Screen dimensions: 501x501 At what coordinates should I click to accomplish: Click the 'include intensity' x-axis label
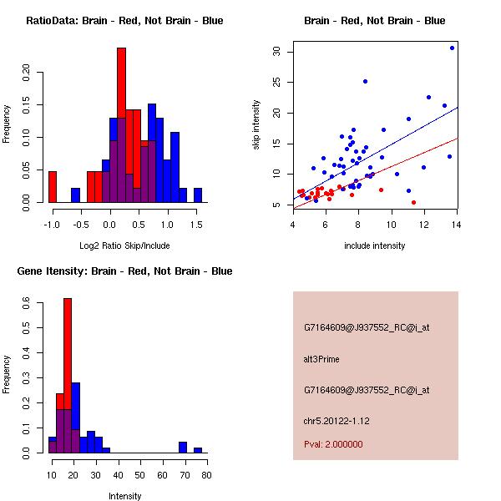point(375,245)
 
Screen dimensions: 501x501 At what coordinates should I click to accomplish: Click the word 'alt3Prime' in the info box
point(321,359)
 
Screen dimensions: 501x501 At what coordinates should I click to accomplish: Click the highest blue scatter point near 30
point(452,48)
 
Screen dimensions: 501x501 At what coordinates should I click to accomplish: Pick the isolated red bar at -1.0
point(53,186)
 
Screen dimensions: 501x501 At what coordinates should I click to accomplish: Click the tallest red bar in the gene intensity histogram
point(68,375)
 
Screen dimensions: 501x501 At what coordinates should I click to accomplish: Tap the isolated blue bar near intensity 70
point(182,447)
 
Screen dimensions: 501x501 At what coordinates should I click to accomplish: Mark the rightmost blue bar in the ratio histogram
point(198,195)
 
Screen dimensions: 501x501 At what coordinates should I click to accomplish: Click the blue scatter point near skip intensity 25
point(365,81)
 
